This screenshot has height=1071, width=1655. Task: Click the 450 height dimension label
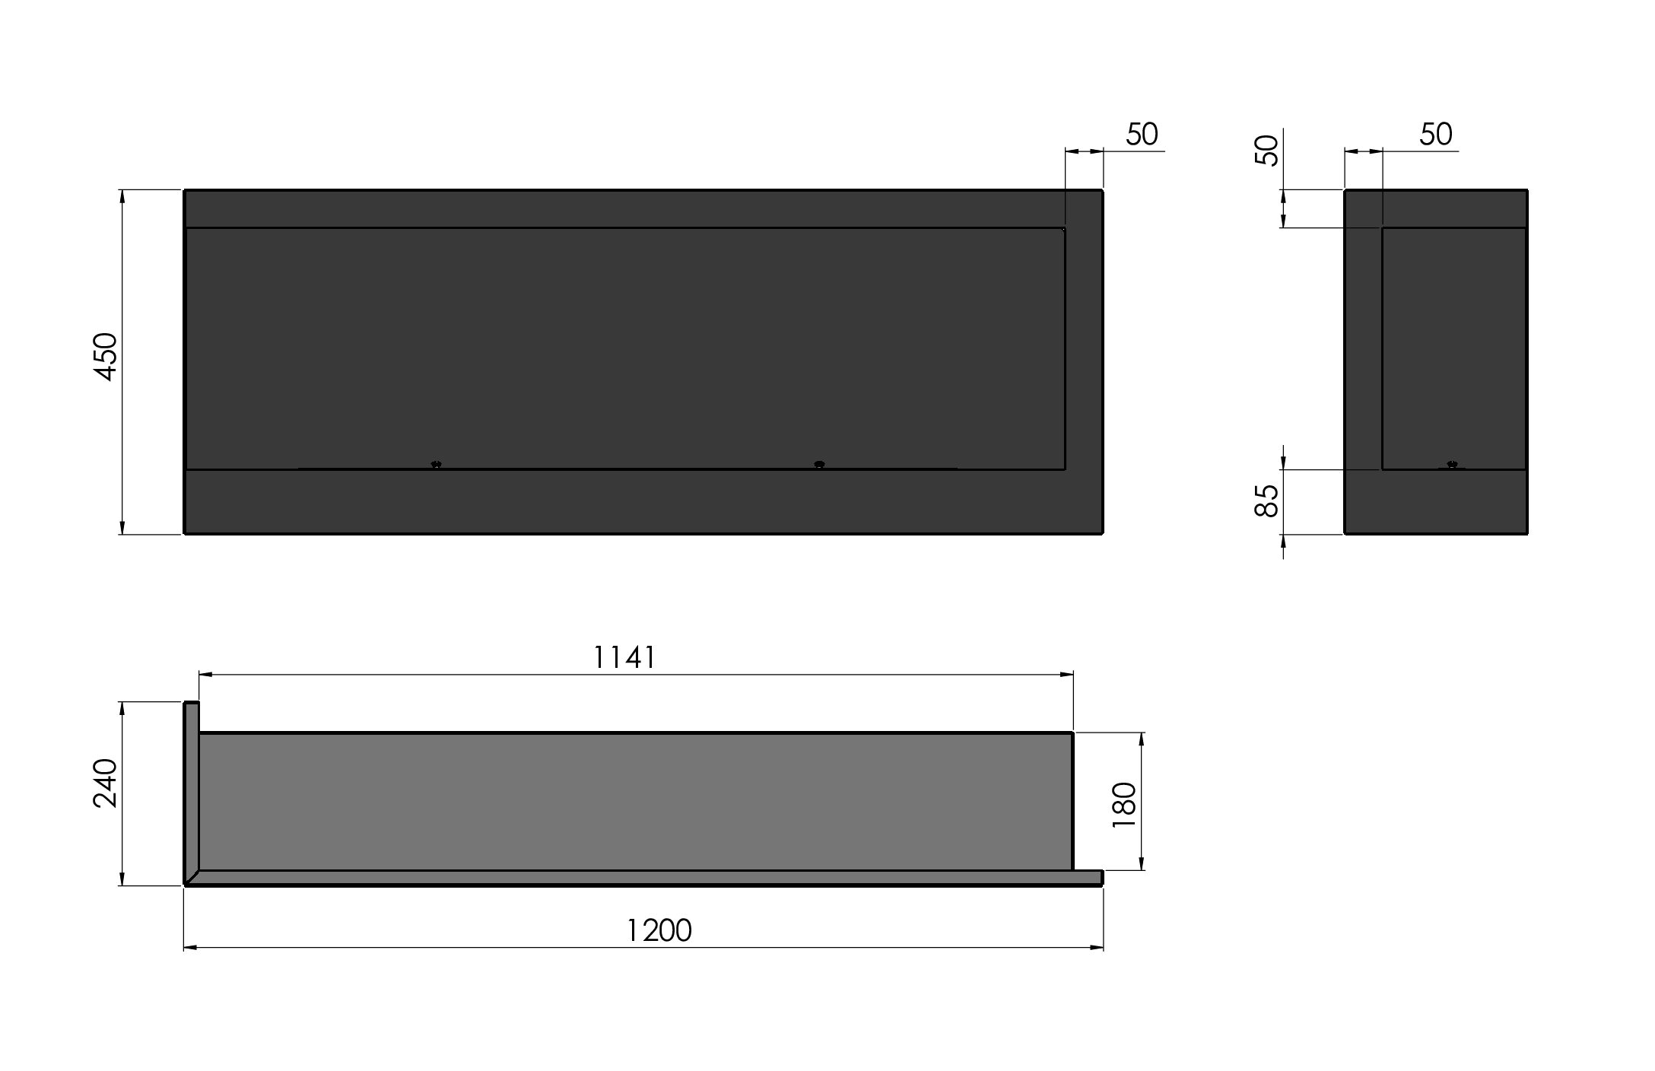[x=106, y=357]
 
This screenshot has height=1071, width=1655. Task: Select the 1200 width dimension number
[x=659, y=930]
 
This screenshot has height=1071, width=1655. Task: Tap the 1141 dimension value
[x=624, y=657]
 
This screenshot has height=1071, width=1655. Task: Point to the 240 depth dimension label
[x=106, y=783]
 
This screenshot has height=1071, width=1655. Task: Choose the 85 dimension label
[x=1267, y=501]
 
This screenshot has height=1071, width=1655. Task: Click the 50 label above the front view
[x=1142, y=135]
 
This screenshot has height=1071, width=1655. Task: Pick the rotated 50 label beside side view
[x=1267, y=151]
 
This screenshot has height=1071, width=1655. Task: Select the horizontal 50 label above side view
[x=1436, y=135]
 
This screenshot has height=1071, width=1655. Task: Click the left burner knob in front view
[x=436, y=464]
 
